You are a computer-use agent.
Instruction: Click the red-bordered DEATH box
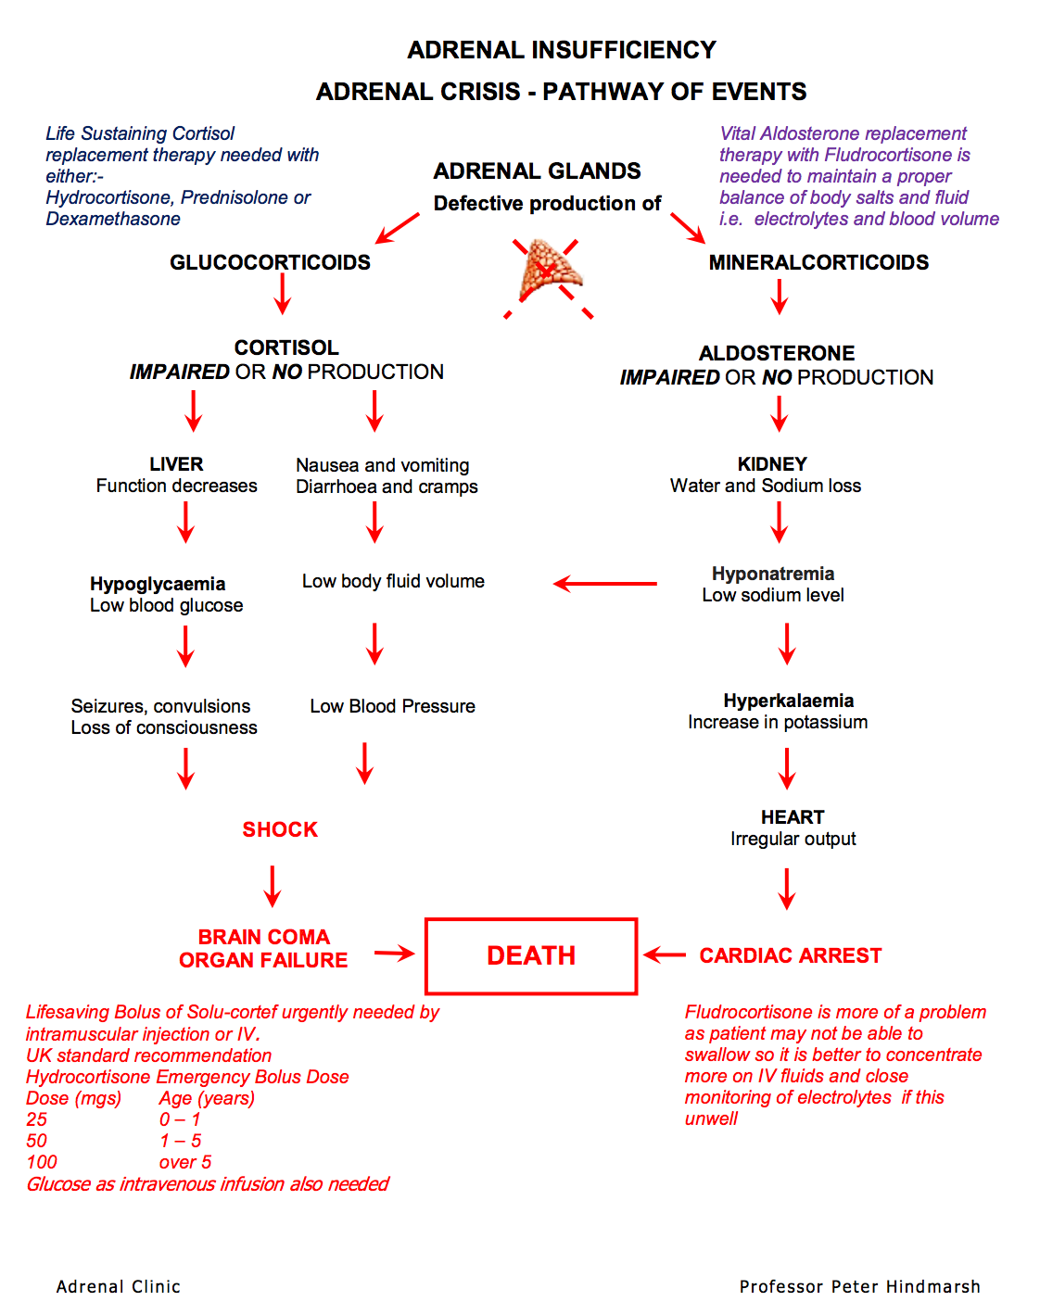[531, 956]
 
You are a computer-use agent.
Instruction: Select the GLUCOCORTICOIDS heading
[270, 262]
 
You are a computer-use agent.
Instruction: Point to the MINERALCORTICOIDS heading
[818, 262]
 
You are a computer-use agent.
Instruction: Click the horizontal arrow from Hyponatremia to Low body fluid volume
[605, 584]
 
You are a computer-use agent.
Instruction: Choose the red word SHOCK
[280, 829]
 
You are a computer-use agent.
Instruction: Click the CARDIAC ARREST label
[791, 955]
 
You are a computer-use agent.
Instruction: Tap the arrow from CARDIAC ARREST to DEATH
[665, 955]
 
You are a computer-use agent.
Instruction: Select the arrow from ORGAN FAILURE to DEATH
[394, 954]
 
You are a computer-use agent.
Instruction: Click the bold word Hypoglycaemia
[158, 584]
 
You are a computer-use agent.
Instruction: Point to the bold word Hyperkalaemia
[789, 701]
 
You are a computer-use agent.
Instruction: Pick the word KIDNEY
[772, 464]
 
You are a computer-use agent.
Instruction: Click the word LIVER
[176, 464]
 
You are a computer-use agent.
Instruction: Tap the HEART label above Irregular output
[793, 817]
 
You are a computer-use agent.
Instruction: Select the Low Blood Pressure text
[392, 706]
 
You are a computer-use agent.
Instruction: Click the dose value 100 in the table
[42, 1162]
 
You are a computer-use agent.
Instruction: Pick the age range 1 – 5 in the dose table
[180, 1141]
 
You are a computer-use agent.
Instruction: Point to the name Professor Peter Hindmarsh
[859, 1286]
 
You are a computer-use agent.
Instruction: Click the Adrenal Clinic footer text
[119, 1286]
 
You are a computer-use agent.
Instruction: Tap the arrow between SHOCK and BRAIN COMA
[273, 886]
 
